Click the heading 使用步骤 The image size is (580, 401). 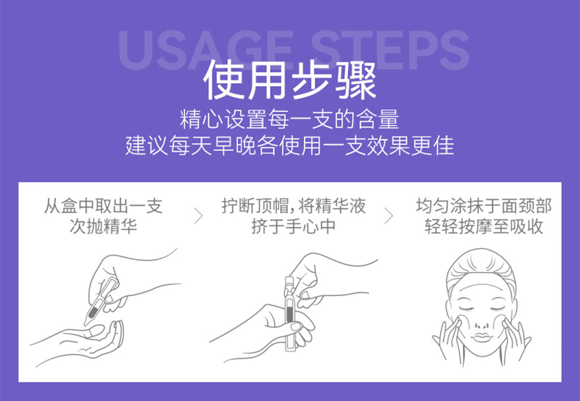(289, 80)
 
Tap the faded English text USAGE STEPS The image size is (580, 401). (293, 50)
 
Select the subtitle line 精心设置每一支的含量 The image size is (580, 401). (289, 119)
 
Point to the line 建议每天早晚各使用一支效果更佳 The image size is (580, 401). (289, 145)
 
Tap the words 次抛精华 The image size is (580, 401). (103, 227)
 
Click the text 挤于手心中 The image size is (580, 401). (293, 227)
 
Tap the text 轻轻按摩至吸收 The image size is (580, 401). (484, 227)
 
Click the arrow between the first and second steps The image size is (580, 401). (198, 215)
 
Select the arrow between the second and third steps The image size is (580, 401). (389, 215)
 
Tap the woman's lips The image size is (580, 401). (481, 337)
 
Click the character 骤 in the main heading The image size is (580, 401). (355, 80)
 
